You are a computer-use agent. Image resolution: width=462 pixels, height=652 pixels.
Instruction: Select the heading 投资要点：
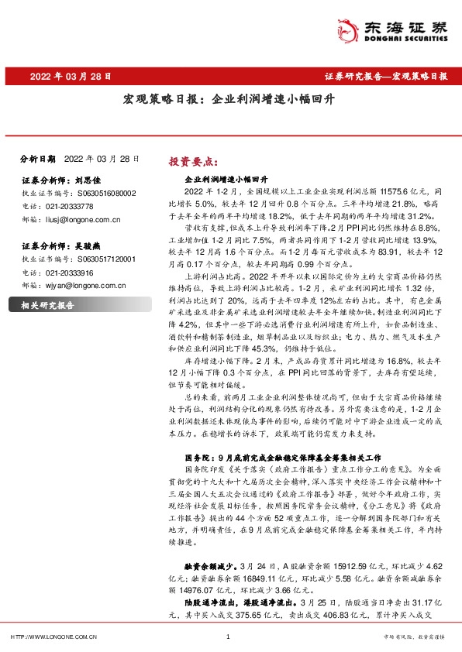point(191,162)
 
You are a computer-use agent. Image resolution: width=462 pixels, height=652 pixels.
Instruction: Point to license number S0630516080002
point(106,192)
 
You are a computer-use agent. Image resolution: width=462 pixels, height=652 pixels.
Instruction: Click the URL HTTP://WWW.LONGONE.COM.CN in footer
point(53,637)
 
